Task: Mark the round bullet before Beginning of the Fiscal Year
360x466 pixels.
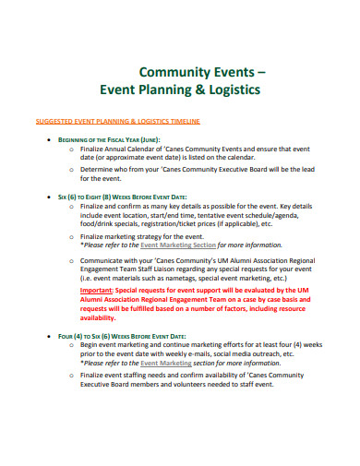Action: click(48, 139)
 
